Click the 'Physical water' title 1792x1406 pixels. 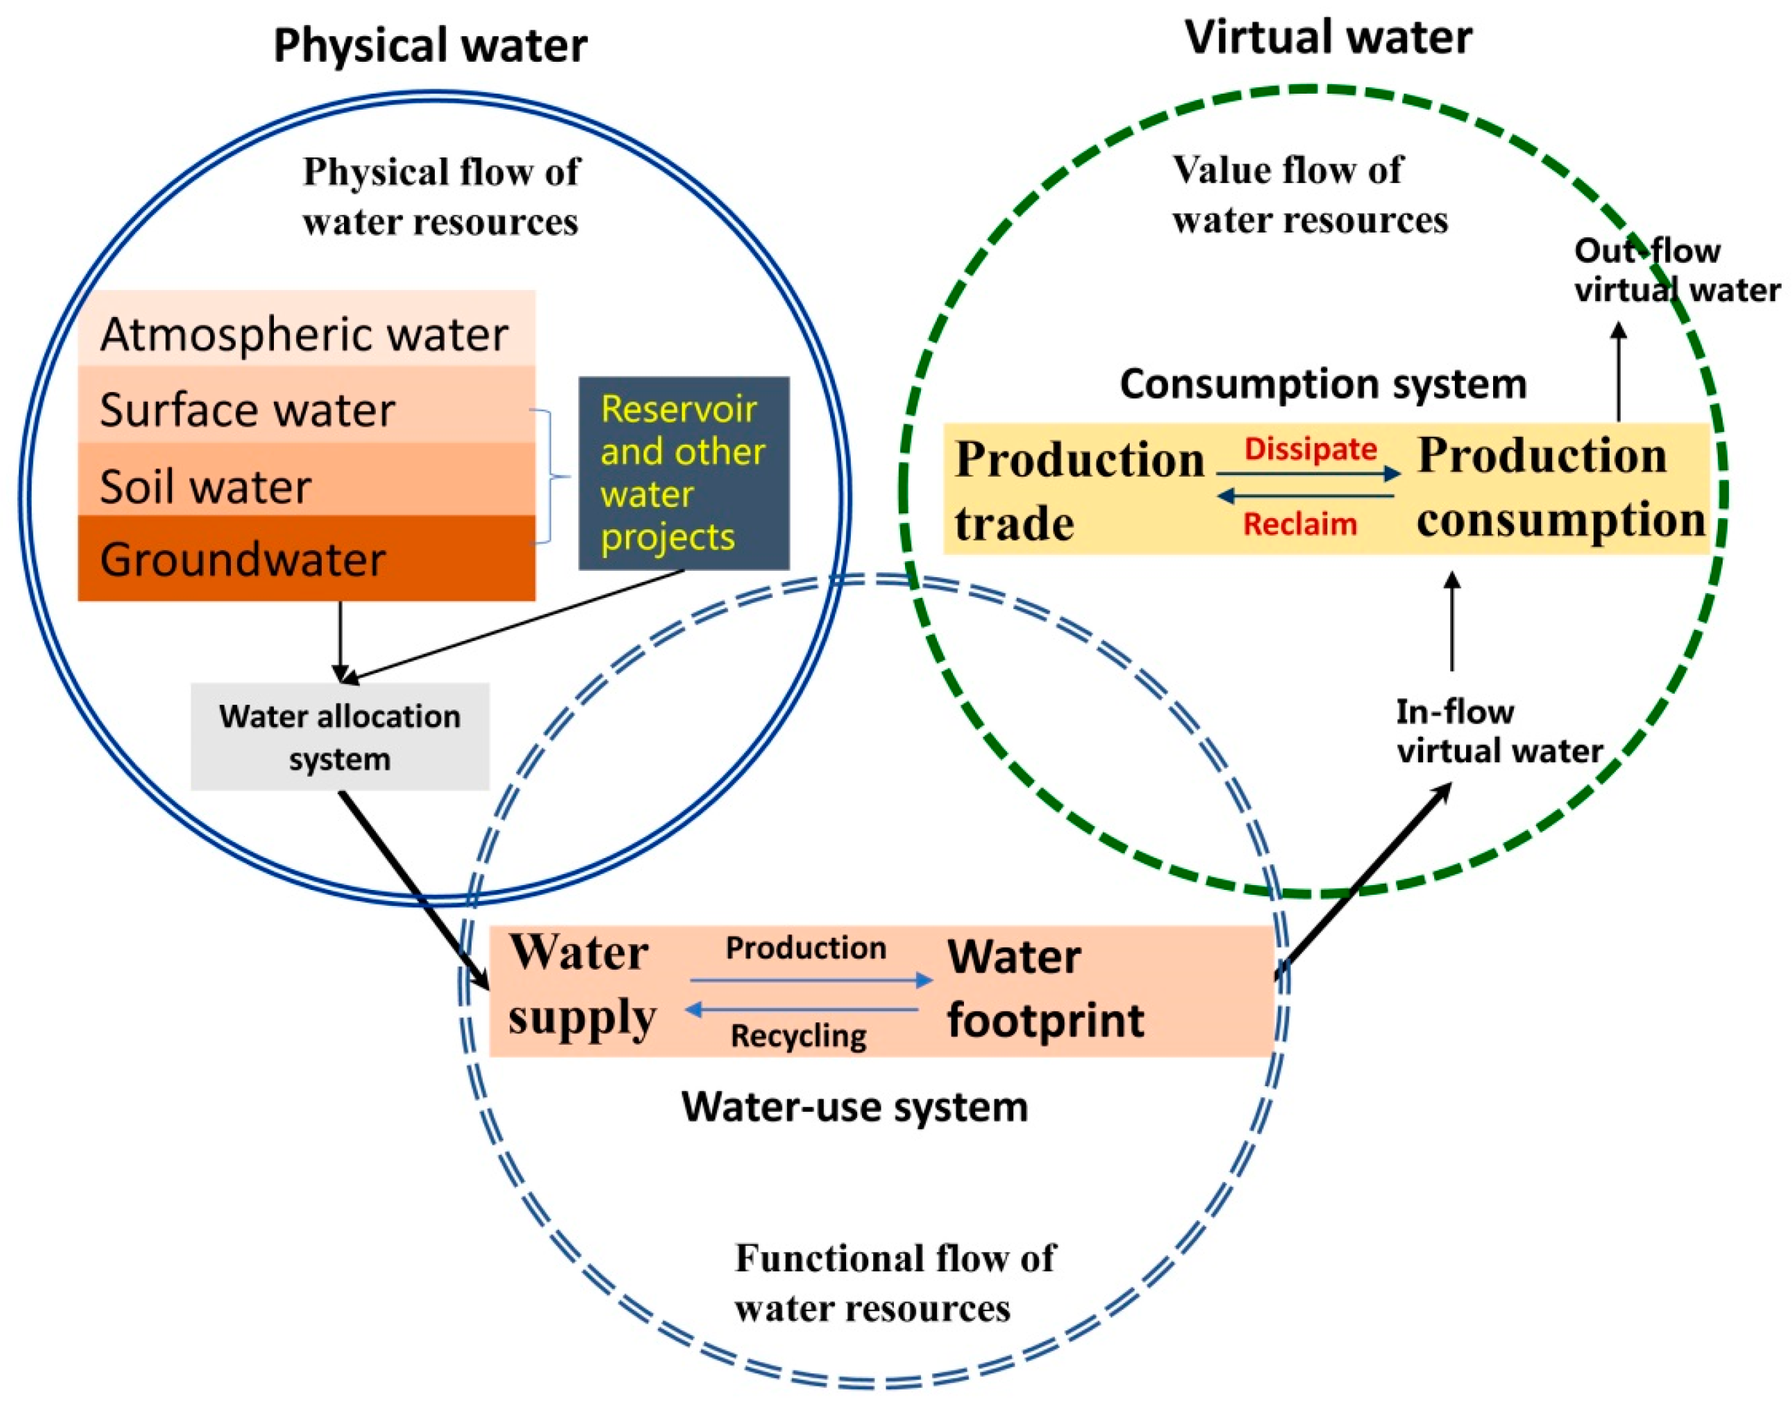430,45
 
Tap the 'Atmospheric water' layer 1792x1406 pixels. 304,334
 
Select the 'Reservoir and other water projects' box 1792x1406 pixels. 683,473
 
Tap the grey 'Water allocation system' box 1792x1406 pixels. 339,737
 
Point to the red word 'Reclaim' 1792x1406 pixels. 1300,524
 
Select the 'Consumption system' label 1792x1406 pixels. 1323,384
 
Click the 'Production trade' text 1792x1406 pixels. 1078,490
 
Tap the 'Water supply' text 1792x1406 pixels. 582,986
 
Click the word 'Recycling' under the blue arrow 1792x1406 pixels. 798,1036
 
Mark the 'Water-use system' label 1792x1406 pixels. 854,1107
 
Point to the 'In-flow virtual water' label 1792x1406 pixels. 1498,732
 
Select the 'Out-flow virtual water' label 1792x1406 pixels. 1675,271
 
